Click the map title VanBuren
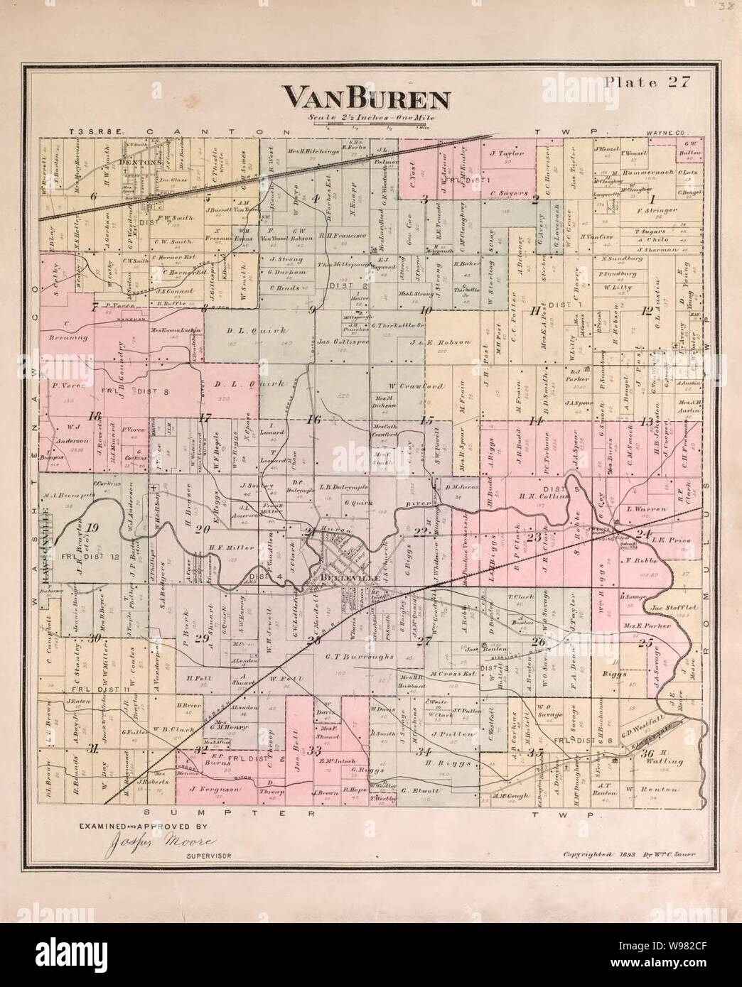[x=367, y=97]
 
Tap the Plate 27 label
[x=643, y=82]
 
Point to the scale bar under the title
[x=370, y=126]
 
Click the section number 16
[x=313, y=420]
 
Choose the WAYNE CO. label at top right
[x=664, y=133]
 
